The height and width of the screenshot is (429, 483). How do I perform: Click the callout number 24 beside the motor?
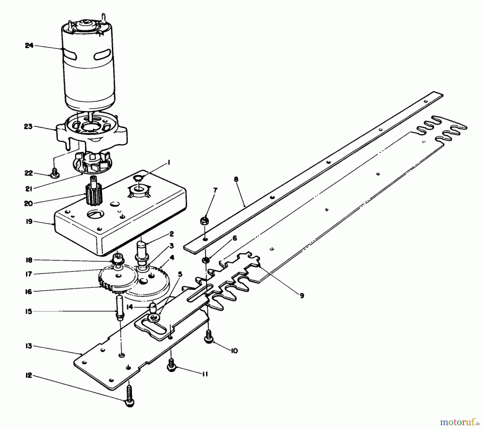click(x=29, y=46)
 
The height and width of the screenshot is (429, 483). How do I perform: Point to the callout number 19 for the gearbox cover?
click(x=29, y=222)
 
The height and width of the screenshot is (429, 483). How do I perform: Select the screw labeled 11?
click(x=171, y=366)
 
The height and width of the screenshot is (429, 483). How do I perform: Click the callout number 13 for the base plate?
click(x=29, y=346)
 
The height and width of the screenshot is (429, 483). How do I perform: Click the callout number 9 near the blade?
click(x=302, y=296)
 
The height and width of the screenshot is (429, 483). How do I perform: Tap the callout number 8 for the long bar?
click(x=236, y=179)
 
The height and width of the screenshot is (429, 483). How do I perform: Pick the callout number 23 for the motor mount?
click(x=29, y=126)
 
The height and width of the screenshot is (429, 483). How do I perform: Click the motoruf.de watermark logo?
click(x=459, y=422)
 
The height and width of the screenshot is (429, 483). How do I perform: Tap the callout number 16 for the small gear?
click(x=29, y=292)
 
